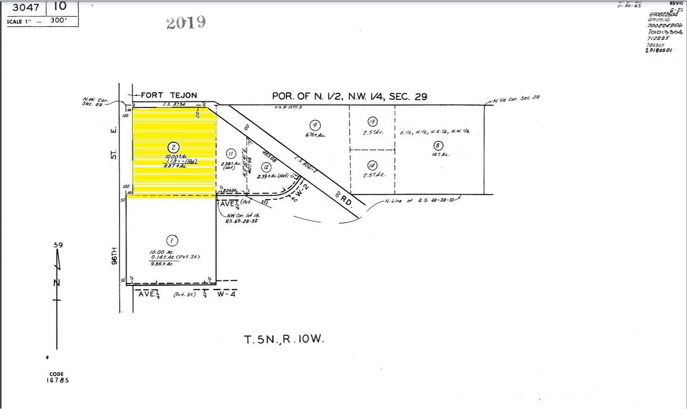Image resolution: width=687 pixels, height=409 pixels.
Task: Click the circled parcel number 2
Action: tap(173, 147)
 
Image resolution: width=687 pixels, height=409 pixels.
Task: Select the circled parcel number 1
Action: tap(172, 240)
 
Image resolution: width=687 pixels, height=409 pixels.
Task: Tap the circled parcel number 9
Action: tap(315, 125)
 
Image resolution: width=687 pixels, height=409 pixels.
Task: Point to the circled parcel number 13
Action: tap(372, 122)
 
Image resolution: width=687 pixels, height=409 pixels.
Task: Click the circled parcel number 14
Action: tap(372, 165)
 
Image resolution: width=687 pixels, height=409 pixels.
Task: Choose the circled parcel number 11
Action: tap(231, 154)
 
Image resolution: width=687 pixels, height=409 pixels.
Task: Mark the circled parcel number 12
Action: tap(266, 167)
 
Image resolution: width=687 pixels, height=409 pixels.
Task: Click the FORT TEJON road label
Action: tap(168, 95)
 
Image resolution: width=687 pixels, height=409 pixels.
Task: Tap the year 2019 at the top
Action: tap(185, 23)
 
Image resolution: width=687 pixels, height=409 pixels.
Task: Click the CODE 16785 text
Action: tap(57, 377)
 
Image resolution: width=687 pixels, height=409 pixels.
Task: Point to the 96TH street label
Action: tap(114, 256)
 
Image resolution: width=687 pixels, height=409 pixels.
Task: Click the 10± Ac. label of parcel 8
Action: tap(440, 154)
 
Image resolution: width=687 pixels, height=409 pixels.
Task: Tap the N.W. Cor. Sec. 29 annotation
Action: tap(95, 101)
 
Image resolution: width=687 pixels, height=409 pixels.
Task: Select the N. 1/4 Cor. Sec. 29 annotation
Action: tap(516, 98)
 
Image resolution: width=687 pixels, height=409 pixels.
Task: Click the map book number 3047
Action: tap(26, 7)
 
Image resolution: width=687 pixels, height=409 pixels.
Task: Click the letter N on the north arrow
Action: tap(57, 282)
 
